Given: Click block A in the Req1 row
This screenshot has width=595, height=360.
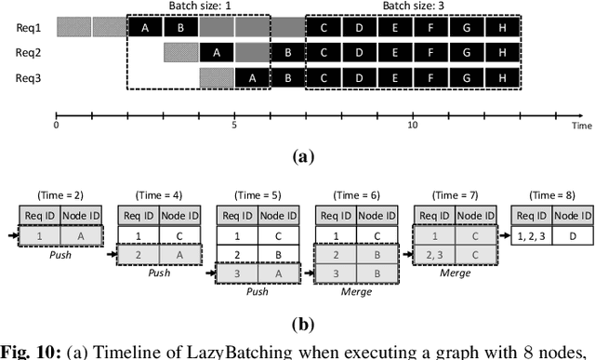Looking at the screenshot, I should pyautogui.click(x=145, y=27).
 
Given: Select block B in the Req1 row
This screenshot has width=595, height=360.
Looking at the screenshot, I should pyautogui.click(x=180, y=27).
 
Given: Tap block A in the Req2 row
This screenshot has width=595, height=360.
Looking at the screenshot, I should pyautogui.click(x=217, y=52).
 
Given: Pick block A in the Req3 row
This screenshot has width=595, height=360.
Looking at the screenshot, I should pyautogui.click(x=252, y=77).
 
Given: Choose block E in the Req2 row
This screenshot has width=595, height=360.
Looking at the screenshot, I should pyautogui.click(x=394, y=52).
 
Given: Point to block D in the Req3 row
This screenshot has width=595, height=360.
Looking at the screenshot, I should pyautogui.click(x=359, y=77).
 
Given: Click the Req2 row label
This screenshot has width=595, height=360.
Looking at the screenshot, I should pyautogui.click(x=28, y=52).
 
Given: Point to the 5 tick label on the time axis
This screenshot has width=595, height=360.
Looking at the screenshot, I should pyautogui.click(x=234, y=125).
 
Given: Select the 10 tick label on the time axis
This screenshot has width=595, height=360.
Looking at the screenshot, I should pyautogui.click(x=413, y=125).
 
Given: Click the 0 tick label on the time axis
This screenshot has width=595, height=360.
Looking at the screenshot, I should pyautogui.click(x=56, y=125).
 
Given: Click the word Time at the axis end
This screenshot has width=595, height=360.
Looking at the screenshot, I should pyautogui.click(x=582, y=125).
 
